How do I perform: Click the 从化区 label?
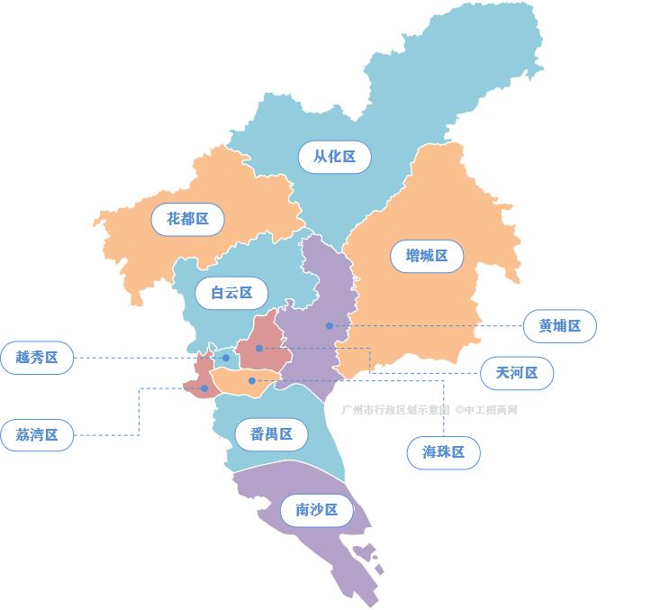[334, 157]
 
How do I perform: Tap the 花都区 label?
[187, 219]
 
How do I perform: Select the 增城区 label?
[427, 256]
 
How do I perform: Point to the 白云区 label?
[231, 293]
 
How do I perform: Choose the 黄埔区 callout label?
[560, 326]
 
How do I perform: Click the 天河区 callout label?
[516, 372]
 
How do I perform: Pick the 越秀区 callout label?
[37, 358]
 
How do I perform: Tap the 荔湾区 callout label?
[37, 435]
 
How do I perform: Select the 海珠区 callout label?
[443, 452]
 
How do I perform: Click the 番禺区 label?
[271, 434]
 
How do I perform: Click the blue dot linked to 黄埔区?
[330, 325]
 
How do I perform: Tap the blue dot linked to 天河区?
[258, 348]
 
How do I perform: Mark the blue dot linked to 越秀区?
[226, 358]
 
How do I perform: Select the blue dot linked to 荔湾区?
[204, 388]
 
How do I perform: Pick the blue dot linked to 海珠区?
[251, 381]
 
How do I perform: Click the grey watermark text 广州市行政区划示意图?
[395, 410]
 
